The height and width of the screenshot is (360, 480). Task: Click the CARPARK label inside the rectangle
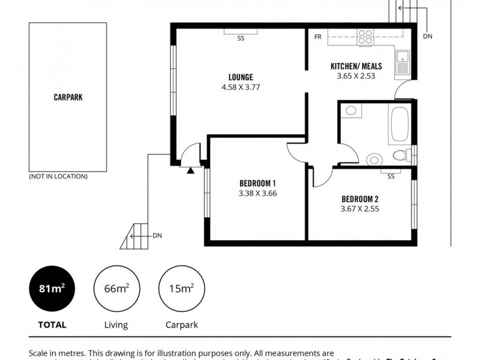[68, 97]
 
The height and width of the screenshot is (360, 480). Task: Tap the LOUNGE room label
[241, 77]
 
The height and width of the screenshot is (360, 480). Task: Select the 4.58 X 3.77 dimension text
[241, 87]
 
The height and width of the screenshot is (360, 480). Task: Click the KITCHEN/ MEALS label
[356, 66]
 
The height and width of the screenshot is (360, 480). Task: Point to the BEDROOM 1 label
[257, 183]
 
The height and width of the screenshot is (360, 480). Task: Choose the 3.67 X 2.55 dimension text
[360, 209]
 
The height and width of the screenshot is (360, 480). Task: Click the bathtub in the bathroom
[400, 124]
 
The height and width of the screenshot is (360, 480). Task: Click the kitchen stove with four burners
[365, 37]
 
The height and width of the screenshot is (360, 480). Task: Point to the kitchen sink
[403, 63]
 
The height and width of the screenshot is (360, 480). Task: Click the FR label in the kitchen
[318, 37]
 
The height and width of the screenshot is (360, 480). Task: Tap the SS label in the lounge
[241, 38]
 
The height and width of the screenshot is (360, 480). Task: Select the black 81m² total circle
[52, 288]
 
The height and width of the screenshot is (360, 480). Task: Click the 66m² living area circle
[116, 288]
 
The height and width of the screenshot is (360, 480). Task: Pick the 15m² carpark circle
[181, 288]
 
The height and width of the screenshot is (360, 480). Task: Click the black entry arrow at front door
[191, 171]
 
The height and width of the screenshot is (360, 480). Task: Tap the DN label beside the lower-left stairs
[157, 235]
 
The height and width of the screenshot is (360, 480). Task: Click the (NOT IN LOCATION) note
[58, 176]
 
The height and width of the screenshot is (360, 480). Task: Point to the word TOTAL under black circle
[52, 325]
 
